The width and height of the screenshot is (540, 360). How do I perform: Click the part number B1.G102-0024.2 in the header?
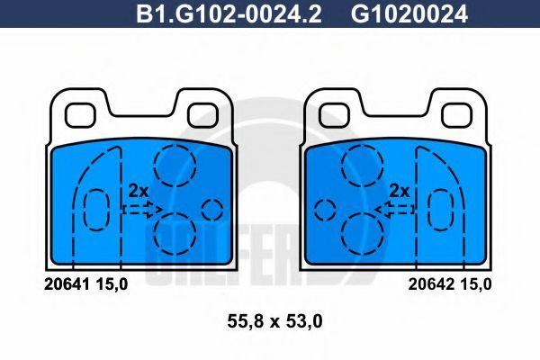click(x=229, y=14)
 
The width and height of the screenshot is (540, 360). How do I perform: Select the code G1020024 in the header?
click(x=409, y=14)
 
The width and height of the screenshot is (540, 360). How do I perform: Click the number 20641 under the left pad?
click(x=67, y=284)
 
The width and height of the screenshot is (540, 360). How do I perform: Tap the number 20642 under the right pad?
click(x=431, y=284)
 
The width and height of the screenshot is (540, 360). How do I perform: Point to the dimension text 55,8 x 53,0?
click(x=274, y=321)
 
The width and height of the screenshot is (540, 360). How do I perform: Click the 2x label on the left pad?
click(x=138, y=191)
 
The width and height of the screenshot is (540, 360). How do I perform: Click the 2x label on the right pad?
click(x=399, y=191)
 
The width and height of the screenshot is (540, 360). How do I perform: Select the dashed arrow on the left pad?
click(x=142, y=209)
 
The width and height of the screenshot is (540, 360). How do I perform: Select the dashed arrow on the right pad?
click(x=395, y=209)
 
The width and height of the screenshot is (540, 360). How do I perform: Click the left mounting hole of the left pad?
click(x=80, y=115)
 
